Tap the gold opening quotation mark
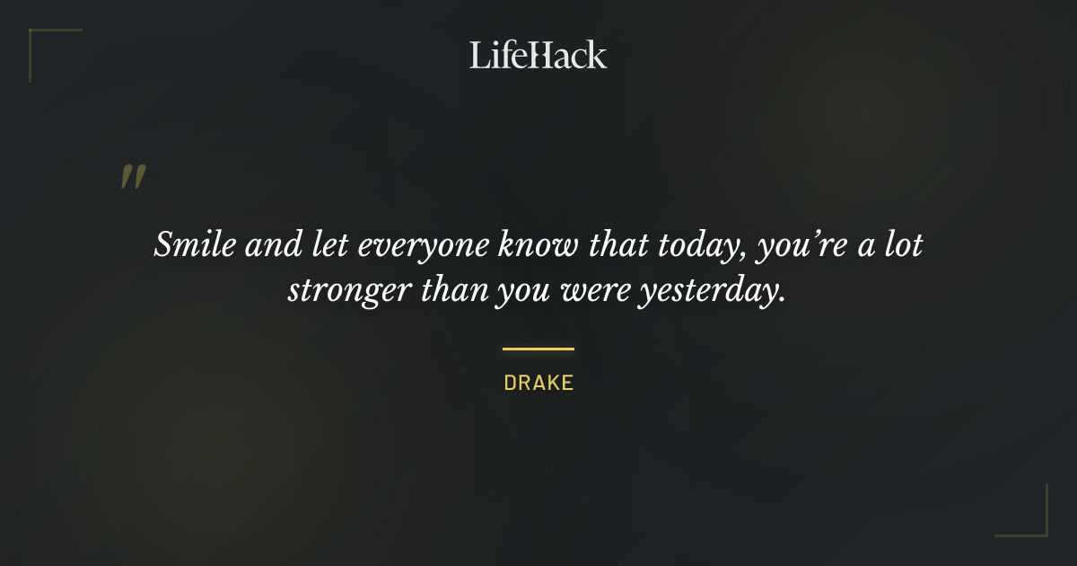[132, 177]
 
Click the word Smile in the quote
[188, 245]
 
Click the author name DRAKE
[538, 383]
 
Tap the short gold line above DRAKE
[538, 349]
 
